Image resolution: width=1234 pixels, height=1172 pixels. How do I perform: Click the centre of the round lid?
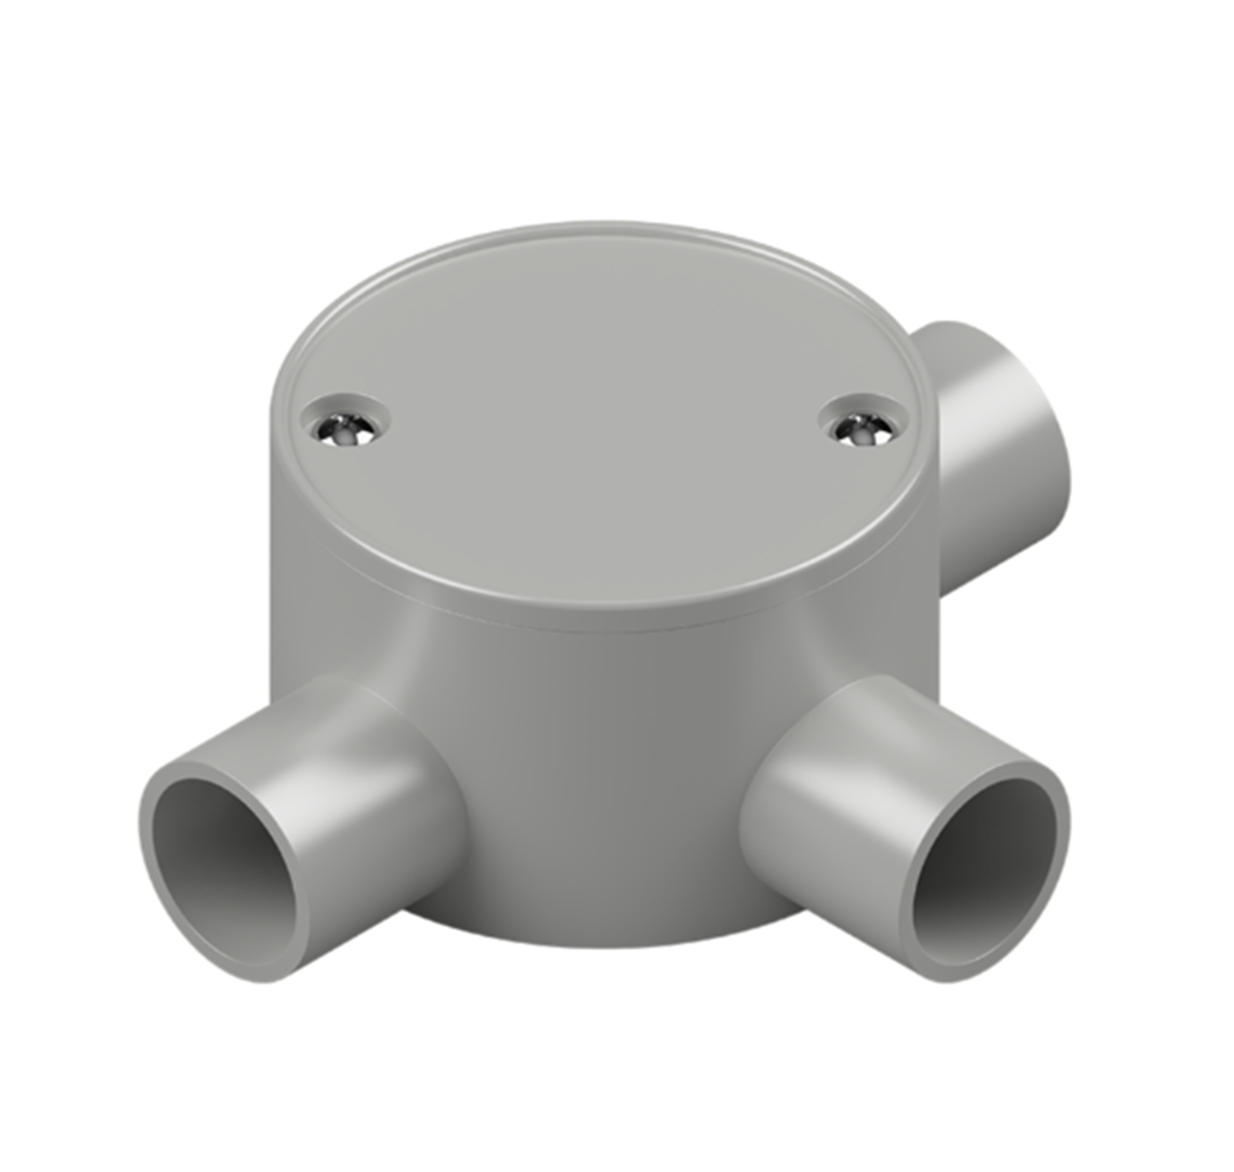(x=603, y=419)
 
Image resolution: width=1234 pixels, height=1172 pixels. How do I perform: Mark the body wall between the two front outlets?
(x=600, y=781)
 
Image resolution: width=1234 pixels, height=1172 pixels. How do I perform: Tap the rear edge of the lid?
(x=603, y=225)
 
